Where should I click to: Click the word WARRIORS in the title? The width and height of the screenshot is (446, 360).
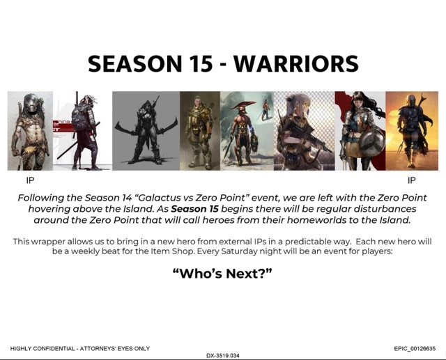(295, 63)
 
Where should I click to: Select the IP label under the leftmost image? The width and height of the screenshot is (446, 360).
(30, 180)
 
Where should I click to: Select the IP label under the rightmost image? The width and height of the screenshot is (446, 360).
(411, 180)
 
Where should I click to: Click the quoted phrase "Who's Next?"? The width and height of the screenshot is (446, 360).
(222, 274)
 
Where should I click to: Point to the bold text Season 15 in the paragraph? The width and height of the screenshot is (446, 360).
(194, 209)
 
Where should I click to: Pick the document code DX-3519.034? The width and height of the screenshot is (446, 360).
(223, 355)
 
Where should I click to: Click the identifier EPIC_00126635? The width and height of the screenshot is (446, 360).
(415, 348)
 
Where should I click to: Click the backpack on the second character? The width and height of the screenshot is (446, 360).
(81, 117)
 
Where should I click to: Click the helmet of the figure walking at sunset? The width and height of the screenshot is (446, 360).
(412, 100)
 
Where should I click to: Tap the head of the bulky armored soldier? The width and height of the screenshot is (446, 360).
(198, 102)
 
